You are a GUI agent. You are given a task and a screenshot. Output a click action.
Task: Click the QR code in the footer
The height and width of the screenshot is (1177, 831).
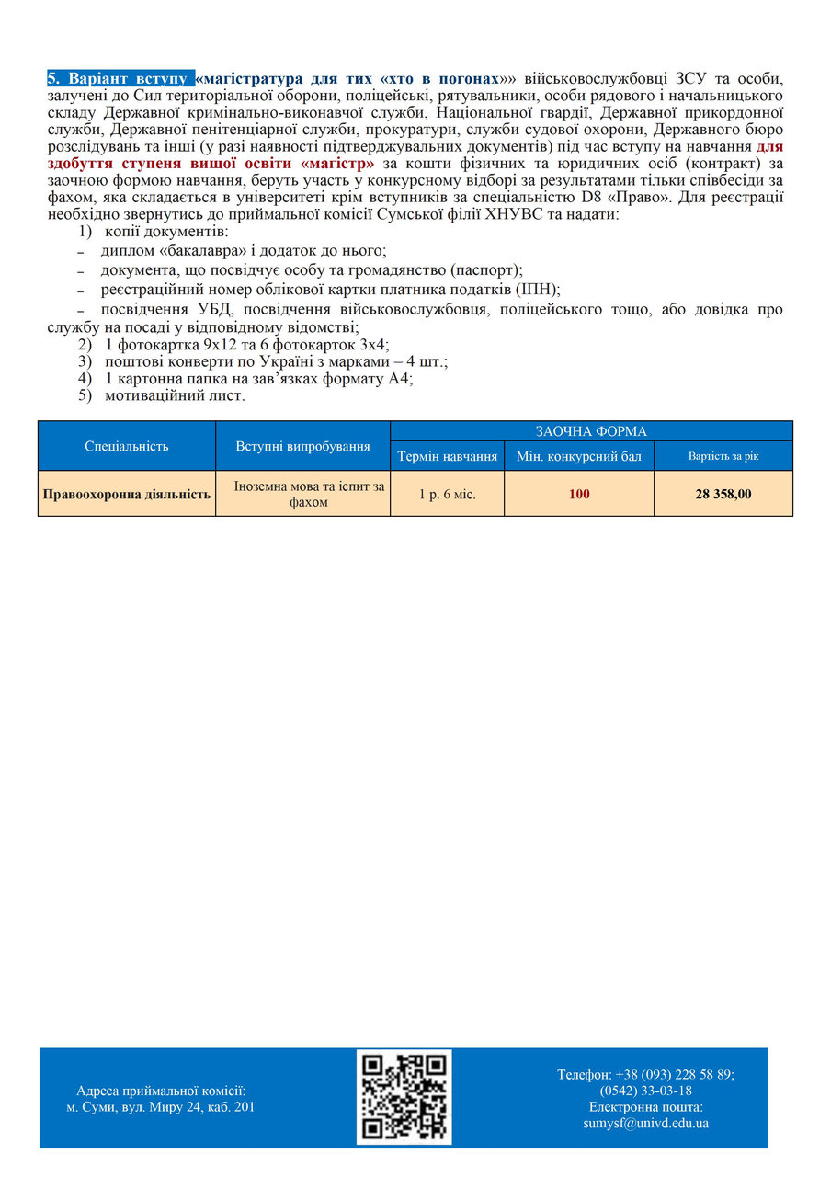[404, 1097]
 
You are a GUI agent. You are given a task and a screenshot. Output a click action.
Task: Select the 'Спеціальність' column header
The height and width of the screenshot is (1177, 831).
[127, 446]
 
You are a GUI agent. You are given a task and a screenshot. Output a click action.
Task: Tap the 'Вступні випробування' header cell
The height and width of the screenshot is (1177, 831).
[302, 446]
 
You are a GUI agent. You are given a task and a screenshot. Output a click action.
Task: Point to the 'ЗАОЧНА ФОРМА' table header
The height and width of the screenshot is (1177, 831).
[591, 431]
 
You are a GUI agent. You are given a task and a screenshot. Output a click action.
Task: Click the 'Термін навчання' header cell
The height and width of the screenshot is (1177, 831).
[447, 456]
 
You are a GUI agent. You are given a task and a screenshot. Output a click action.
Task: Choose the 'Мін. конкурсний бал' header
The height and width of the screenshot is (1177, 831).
[579, 456]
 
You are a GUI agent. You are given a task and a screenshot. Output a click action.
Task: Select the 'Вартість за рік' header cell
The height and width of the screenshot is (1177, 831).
[723, 456]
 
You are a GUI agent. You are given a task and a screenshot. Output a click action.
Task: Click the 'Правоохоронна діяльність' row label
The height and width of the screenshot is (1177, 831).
[127, 494]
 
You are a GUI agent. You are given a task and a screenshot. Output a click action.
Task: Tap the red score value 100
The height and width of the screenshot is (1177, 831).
[579, 494]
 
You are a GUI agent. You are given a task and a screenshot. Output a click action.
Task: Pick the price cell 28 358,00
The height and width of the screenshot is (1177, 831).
[723, 494]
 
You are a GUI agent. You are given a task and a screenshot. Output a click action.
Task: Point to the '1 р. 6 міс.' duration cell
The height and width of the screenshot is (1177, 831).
[447, 494]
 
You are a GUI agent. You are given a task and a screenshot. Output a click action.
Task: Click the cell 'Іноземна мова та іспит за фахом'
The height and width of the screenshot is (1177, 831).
[302, 494]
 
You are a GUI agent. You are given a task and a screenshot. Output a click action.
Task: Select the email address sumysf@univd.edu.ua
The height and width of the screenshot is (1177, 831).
[645, 1123]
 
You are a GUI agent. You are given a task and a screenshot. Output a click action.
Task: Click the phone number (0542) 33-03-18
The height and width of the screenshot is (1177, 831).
[645, 1091]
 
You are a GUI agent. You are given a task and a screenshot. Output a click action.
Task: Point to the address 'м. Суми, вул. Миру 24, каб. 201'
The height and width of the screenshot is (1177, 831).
[161, 1106]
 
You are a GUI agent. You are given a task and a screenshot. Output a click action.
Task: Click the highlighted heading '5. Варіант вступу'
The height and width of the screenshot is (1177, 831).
[120, 79]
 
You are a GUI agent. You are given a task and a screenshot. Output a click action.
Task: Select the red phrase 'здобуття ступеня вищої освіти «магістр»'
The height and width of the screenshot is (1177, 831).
[211, 164]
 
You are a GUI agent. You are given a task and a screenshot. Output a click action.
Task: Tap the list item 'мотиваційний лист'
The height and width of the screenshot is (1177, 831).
[175, 395]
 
